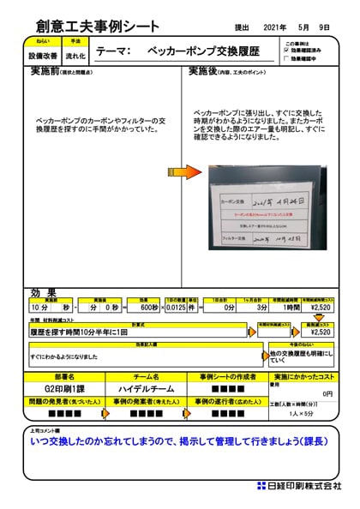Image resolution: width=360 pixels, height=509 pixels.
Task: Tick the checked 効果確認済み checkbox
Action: (288, 51)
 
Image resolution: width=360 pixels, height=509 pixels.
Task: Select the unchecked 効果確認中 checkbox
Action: (288, 59)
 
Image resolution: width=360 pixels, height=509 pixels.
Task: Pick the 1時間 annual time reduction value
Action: (291, 306)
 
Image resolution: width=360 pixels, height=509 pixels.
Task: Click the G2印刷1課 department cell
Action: (65, 388)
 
